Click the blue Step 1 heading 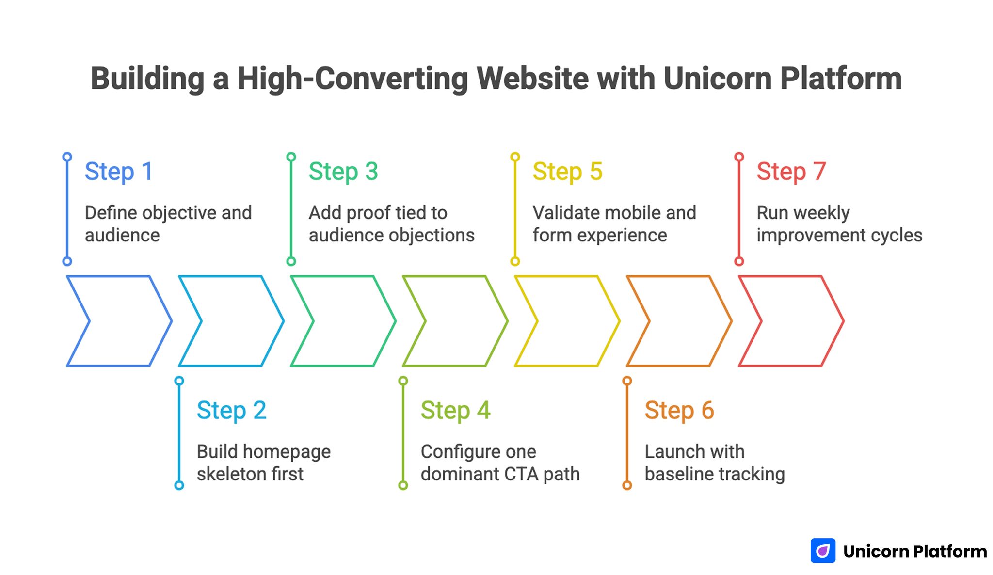[x=119, y=172]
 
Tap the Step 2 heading [x=231, y=411]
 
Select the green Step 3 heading [x=343, y=172]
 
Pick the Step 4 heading [x=455, y=411]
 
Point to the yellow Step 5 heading [x=567, y=172]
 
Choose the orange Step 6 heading [x=679, y=411]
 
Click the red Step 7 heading [x=791, y=172]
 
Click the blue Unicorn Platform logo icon [x=823, y=551]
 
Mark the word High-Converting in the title [x=352, y=79]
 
